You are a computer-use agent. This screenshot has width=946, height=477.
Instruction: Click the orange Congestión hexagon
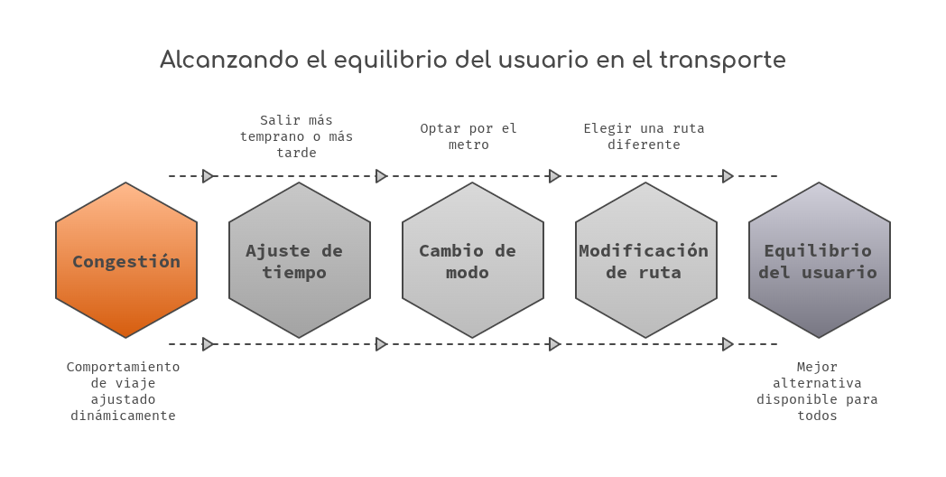(x=126, y=260)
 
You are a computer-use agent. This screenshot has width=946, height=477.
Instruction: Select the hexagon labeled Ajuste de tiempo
(x=300, y=260)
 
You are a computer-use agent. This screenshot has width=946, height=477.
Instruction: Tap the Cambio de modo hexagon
(x=472, y=260)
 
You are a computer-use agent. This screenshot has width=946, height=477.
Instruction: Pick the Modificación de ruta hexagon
(x=645, y=260)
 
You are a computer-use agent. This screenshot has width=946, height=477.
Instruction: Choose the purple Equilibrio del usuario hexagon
(x=819, y=260)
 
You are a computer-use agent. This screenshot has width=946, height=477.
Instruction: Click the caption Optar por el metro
(x=468, y=136)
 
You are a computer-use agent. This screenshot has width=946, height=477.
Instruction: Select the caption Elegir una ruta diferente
(x=644, y=136)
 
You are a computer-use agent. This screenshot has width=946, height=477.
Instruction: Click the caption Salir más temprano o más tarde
(x=296, y=136)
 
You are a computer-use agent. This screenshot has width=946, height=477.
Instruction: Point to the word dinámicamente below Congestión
(x=123, y=416)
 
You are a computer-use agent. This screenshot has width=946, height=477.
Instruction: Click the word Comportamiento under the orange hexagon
(x=123, y=367)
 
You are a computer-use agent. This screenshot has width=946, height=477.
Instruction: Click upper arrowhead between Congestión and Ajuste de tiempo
(x=209, y=176)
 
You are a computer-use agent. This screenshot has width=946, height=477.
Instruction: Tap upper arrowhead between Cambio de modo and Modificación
(x=554, y=176)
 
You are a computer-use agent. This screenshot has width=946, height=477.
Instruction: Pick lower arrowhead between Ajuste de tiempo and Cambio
(x=381, y=344)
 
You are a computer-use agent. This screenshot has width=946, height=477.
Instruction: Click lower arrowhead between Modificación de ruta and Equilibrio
(x=728, y=344)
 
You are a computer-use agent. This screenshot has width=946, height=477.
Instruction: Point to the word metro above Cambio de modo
(x=468, y=145)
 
